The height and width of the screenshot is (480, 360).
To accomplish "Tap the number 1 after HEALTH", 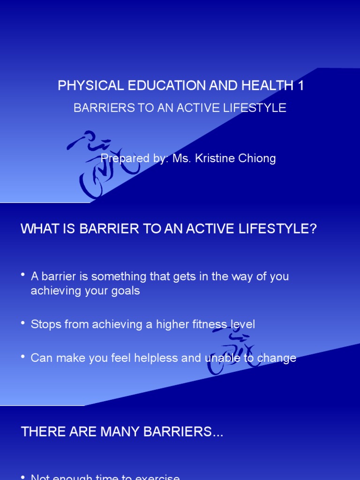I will click(300, 86).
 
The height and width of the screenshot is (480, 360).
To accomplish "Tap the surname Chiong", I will click(257, 158).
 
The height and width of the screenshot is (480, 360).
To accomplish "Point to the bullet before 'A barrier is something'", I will click(23, 275).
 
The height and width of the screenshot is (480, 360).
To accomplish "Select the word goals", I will click(126, 291).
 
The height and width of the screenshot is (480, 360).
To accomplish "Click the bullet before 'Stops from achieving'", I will click(23, 323).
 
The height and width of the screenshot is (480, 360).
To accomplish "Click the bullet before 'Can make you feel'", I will click(23, 357).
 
